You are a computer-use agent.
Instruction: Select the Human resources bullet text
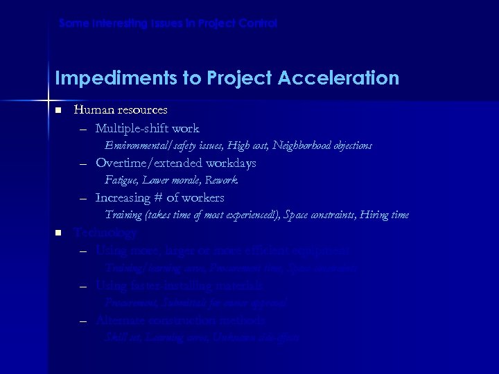[121, 110]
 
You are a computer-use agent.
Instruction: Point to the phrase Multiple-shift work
[147, 128]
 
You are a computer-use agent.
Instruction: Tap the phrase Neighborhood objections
[322, 146]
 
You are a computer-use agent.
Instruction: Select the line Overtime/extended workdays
[175, 163]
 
